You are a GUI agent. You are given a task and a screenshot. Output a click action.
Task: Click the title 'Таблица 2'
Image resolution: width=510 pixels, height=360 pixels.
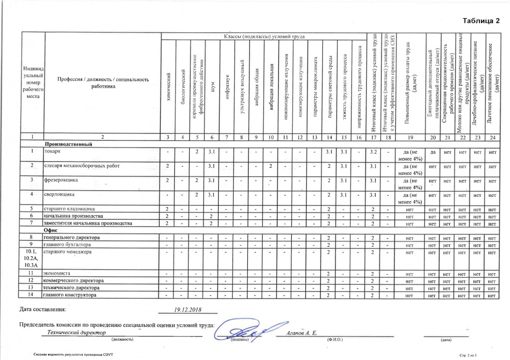pos(481,21)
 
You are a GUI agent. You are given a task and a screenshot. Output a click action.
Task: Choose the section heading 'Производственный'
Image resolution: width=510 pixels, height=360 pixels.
pos(68,144)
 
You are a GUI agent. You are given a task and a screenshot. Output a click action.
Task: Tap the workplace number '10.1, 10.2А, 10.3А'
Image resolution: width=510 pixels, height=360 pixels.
pos(33,259)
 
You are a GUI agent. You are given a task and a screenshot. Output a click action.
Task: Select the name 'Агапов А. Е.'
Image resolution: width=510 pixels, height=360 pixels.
pos(300,333)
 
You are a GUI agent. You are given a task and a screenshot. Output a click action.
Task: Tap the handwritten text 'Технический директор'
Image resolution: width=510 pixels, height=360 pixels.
pos(76,332)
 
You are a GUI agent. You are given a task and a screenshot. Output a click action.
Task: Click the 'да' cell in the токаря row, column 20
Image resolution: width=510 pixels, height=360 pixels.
pos(433,152)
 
